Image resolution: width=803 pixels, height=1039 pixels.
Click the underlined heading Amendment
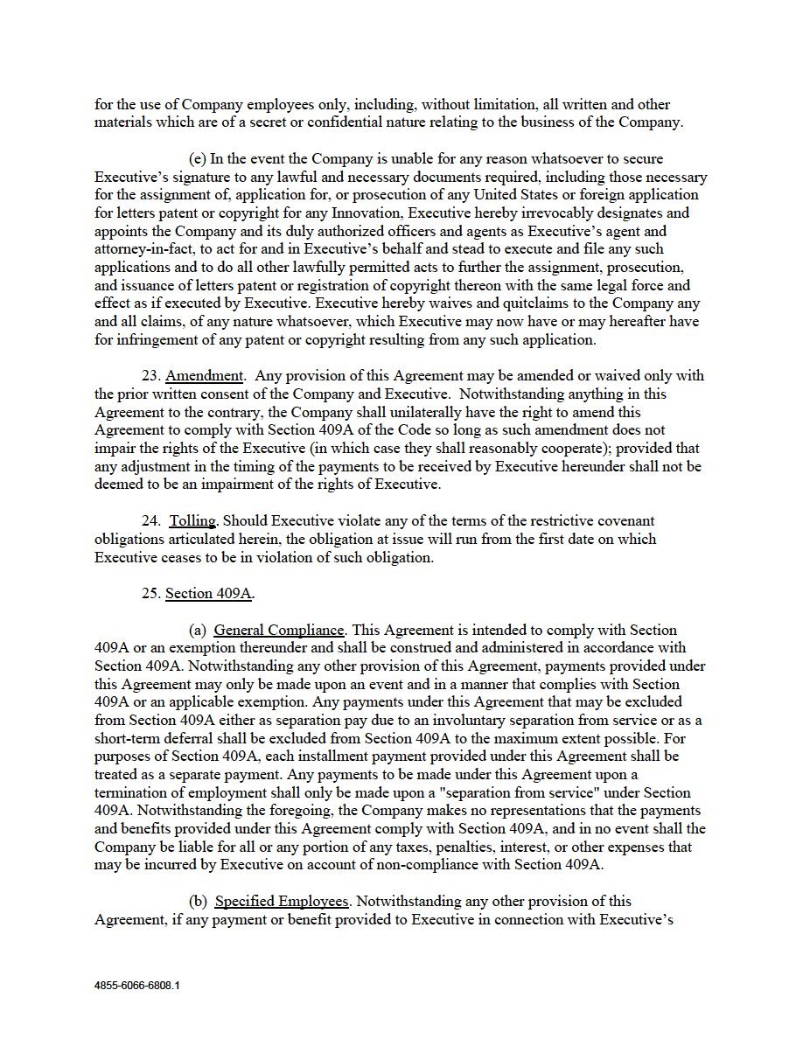click(205, 376)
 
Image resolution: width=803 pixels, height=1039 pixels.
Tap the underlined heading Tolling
click(192, 521)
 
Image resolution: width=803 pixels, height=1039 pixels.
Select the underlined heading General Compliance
click(278, 631)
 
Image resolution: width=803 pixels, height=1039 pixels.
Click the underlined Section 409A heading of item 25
click(209, 594)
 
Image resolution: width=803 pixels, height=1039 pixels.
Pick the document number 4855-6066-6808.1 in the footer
click(137, 985)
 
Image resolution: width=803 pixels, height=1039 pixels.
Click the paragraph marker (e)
click(198, 159)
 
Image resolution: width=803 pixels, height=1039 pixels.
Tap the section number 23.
click(151, 376)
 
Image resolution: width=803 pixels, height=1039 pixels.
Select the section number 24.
click(151, 521)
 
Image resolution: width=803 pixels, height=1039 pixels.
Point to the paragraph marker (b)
click(199, 902)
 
